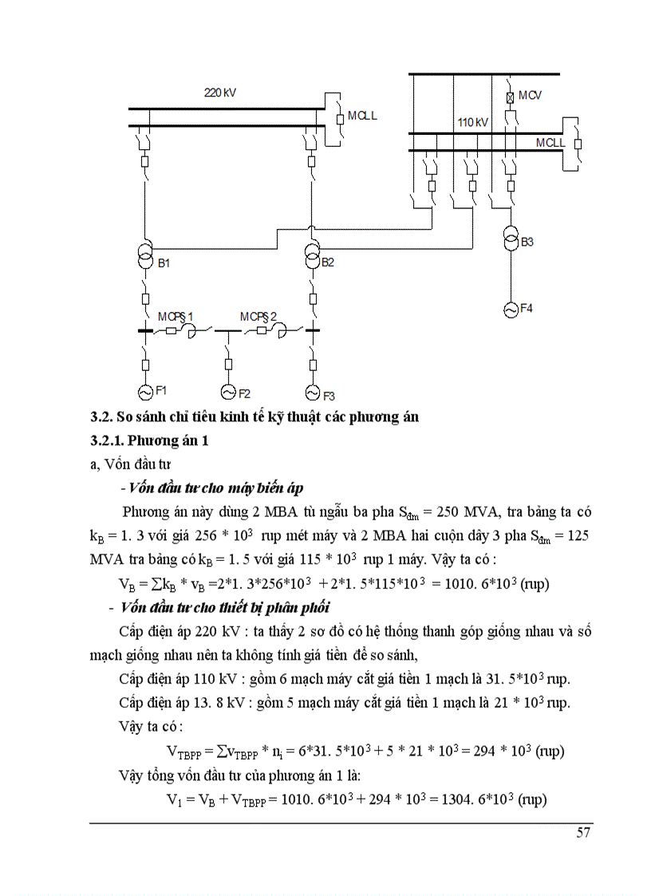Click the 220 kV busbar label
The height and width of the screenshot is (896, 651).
click(x=220, y=93)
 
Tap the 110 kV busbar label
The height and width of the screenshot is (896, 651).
click(x=473, y=123)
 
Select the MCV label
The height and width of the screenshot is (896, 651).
click(x=530, y=96)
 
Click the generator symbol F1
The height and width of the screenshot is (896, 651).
click(x=145, y=393)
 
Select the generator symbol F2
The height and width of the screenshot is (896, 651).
click(x=229, y=393)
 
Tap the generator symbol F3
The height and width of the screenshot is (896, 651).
click(x=312, y=393)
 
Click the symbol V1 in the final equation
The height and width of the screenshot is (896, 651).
click(x=172, y=799)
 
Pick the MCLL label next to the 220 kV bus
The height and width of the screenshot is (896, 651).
click(x=362, y=116)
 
